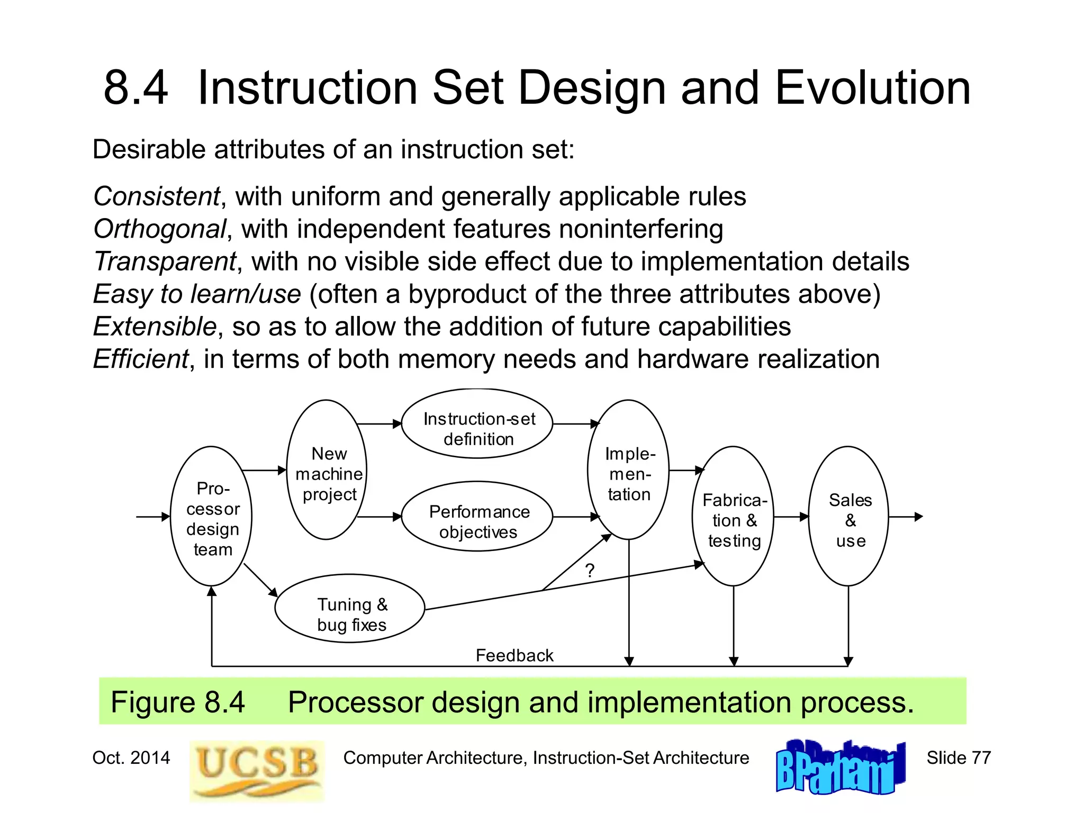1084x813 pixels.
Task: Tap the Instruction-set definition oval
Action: pos(477,424)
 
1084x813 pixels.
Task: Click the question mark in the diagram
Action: pos(590,571)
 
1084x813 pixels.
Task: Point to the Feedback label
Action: pos(514,656)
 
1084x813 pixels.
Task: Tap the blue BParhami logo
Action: pos(840,768)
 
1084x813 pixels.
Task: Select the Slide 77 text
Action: pos(958,758)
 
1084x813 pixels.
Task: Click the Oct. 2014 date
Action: pos(131,758)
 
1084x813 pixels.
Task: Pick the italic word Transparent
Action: pos(165,262)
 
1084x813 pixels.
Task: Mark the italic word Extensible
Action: pos(155,327)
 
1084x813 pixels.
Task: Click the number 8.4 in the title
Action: pos(135,88)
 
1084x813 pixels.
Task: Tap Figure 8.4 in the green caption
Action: pos(177,702)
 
